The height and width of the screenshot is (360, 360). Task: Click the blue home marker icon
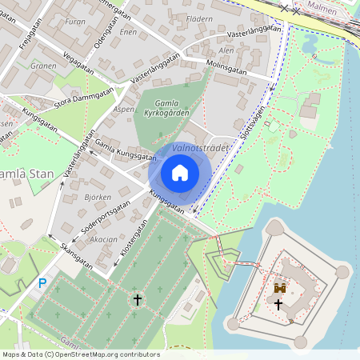click(x=180, y=173)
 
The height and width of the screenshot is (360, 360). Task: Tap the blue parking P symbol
click(x=42, y=283)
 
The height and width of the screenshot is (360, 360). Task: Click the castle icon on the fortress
click(x=280, y=288)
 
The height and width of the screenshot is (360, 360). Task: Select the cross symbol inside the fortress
click(x=278, y=305)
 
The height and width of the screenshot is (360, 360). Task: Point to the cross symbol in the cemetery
click(x=137, y=300)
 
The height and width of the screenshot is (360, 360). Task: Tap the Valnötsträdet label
click(x=201, y=148)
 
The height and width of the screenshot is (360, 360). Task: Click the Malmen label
click(x=323, y=7)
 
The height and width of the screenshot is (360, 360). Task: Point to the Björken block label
click(x=98, y=196)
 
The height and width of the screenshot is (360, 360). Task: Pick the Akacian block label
click(x=103, y=239)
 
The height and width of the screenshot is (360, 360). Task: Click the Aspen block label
click(x=124, y=109)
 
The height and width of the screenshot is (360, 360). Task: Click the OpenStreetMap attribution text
click(x=81, y=354)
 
